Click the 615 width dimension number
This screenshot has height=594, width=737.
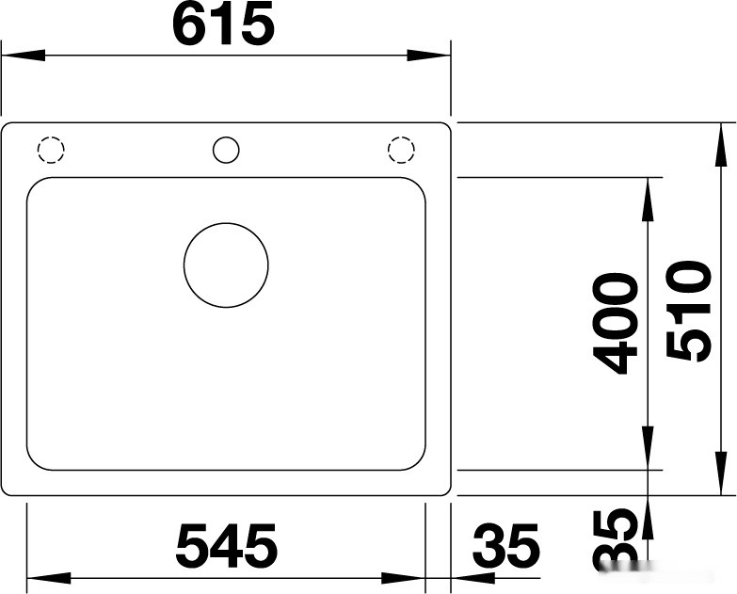[224, 26]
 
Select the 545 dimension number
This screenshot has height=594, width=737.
[227, 546]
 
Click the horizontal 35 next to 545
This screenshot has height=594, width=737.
[506, 546]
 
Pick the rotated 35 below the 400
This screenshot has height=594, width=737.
[617, 540]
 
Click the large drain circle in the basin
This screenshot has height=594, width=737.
[226, 265]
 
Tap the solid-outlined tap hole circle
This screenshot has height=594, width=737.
[226, 150]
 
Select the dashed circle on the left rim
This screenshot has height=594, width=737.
[50, 151]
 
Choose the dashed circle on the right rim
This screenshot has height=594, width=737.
[401, 151]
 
